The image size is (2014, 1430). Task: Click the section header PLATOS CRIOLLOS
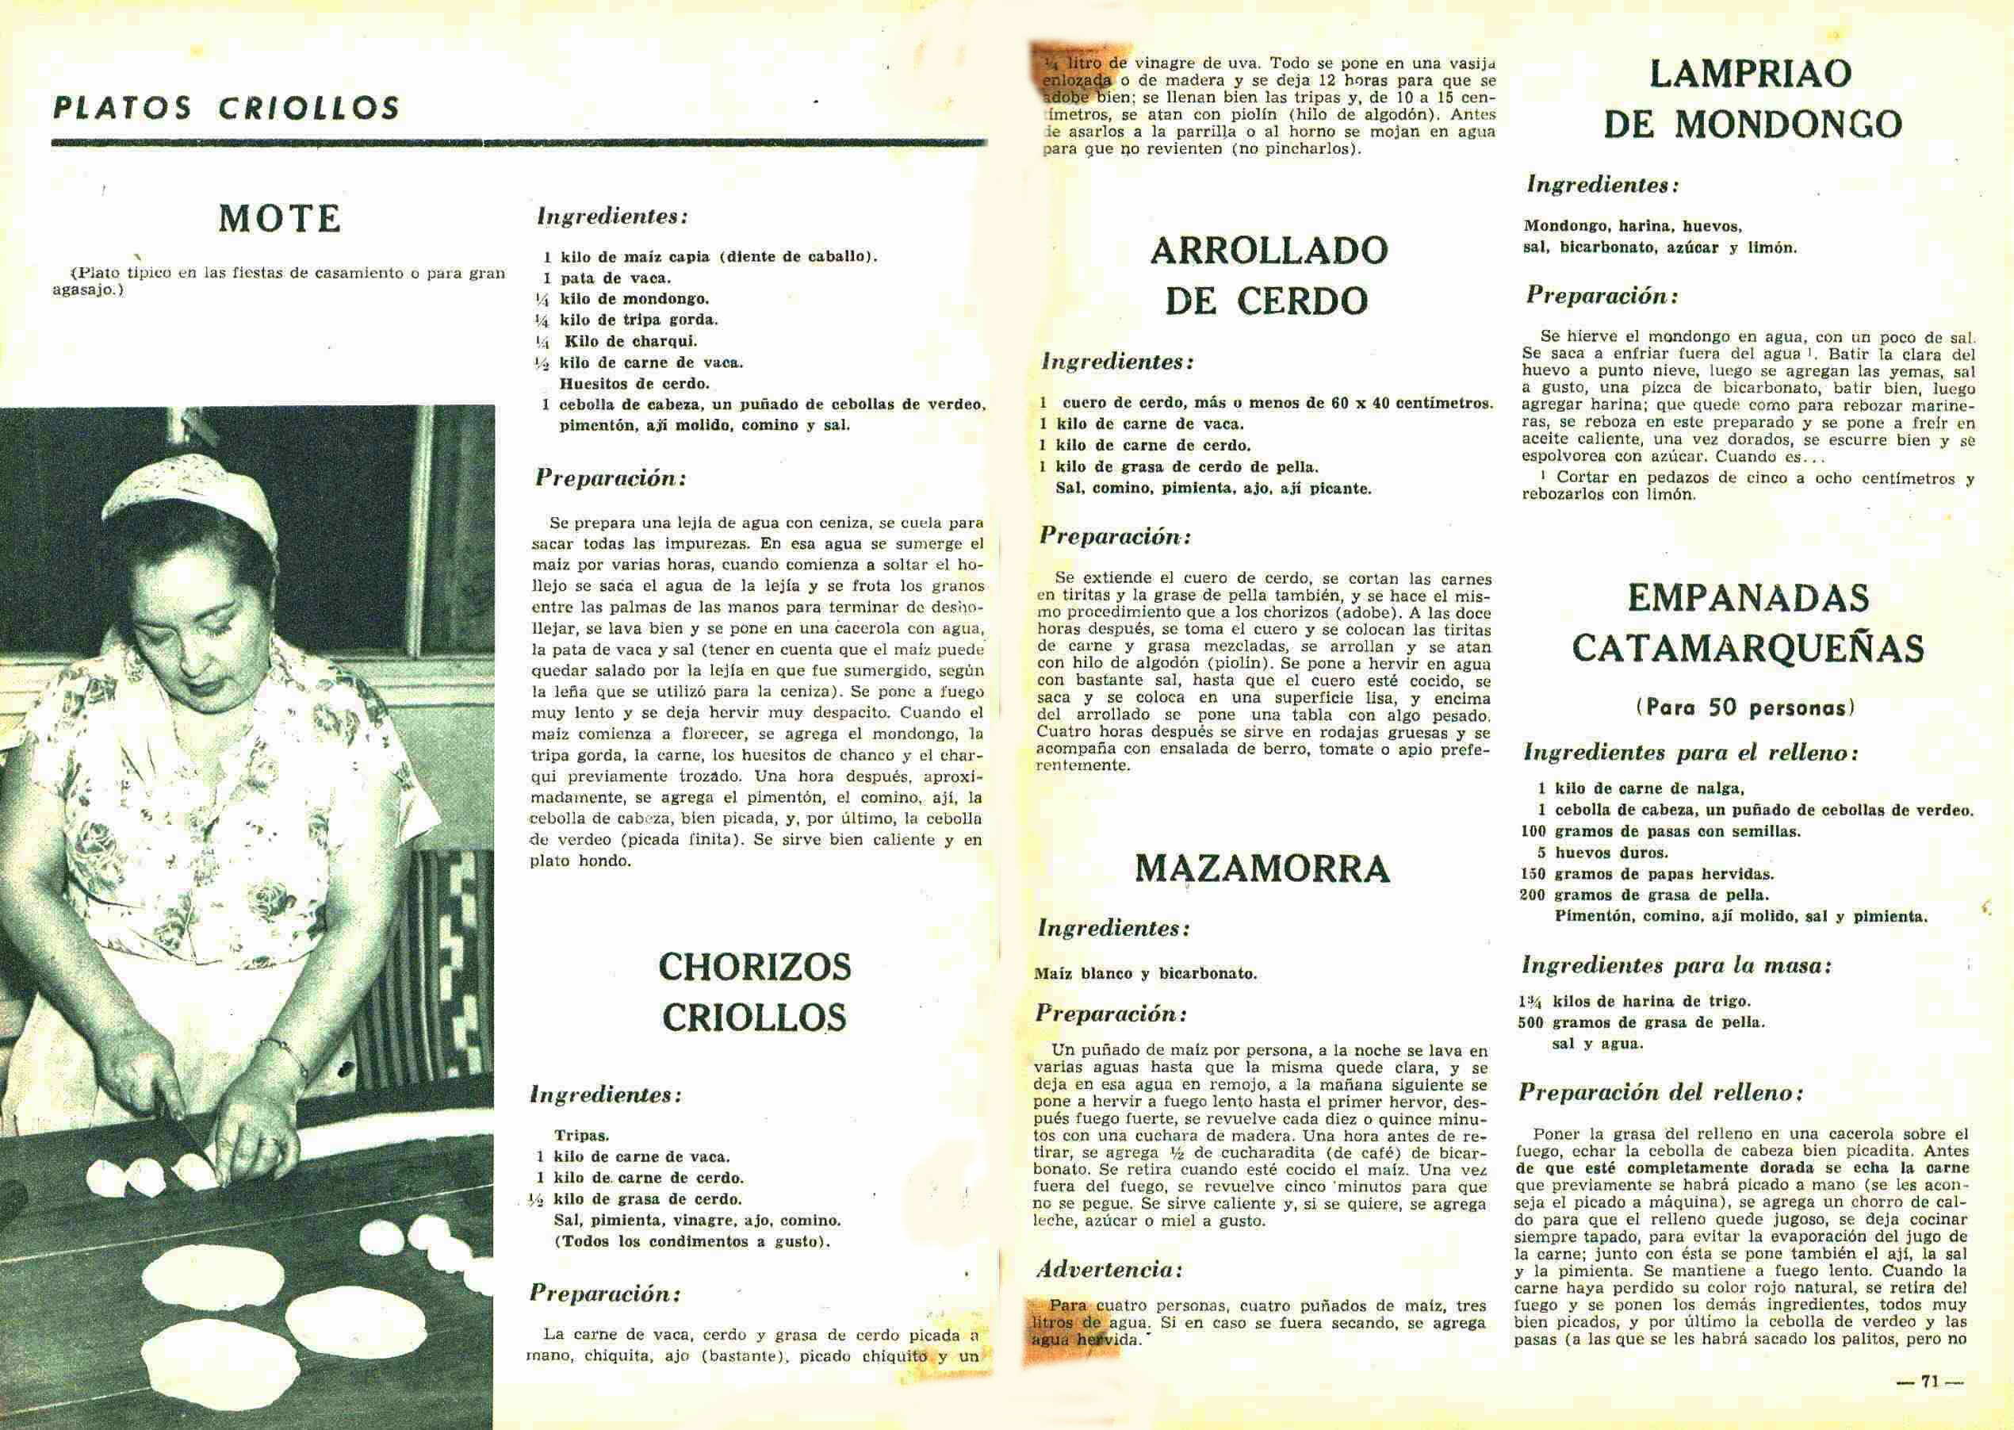[x=226, y=107]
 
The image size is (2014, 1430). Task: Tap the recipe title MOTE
[x=280, y=218]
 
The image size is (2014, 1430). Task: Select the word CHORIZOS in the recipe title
[x=754, y=967]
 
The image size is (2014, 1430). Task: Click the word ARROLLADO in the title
[x=1269, y=251]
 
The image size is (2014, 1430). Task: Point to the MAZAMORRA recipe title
[x=1262, y=869]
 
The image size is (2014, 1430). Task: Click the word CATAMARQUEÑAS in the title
[x=1748, y=649]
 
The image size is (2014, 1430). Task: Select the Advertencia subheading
[x=1108, y=1270]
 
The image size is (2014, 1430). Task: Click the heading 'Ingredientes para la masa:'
[x=1676, y=965]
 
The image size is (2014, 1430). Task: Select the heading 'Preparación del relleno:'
[x=1660, y=1093]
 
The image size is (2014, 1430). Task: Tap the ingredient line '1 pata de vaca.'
[x=607, y=278]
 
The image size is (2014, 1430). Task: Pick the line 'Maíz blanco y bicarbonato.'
[x=1145, y=974]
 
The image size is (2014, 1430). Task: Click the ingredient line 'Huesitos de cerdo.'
[x=634, y=384]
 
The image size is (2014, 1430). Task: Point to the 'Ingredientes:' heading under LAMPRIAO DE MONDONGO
[x=1602, y=185]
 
